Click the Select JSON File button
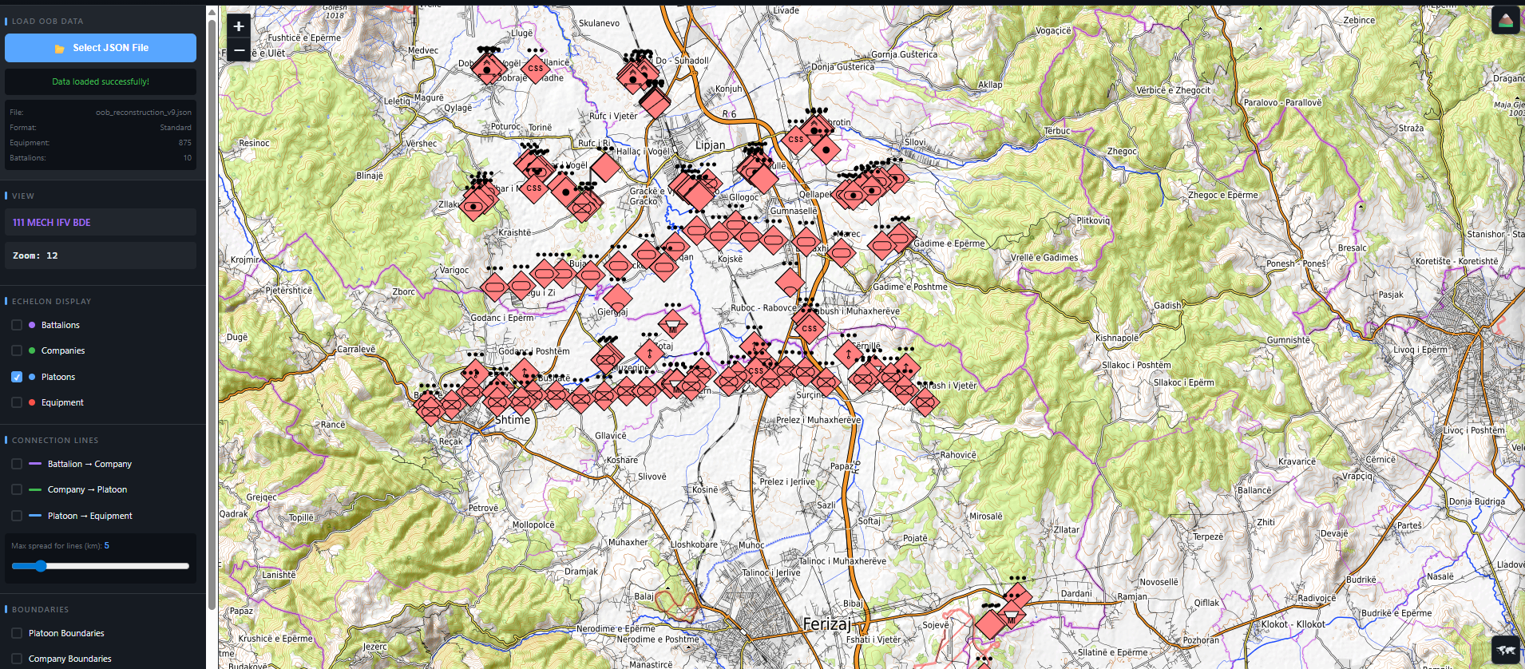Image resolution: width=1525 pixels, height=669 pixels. (x=101, y=48)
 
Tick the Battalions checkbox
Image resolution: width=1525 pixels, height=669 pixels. (x=17, y=325)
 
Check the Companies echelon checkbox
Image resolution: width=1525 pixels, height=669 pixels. (x=17, y=350)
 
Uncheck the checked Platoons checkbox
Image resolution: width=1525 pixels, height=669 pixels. (x=17, y=377)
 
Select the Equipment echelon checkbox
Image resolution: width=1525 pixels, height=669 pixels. (x=17, y=402)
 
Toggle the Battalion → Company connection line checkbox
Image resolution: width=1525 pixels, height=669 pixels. (x=17, y=464)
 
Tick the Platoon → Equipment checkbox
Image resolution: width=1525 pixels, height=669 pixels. (x=17, y=516)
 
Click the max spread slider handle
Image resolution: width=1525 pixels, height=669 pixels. (x=41, y=566)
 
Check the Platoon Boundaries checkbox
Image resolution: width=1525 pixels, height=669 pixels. (x=17, y=633)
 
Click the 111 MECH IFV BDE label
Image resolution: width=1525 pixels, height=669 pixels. (x=52, y=223)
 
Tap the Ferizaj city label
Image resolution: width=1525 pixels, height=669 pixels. (x=826, y=623)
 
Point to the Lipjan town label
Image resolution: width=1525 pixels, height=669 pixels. (x=710, y=145)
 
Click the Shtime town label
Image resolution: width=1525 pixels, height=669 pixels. (x=513, y=420)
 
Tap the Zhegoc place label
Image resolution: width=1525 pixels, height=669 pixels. (x=1122, y=152)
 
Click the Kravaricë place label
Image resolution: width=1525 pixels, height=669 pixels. (x=1297, y=461)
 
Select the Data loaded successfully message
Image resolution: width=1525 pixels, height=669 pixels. (x=101, y=81)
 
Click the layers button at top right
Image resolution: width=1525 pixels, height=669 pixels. (x=1505, y=21)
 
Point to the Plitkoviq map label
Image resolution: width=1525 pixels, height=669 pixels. (x=1093, y=221)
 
